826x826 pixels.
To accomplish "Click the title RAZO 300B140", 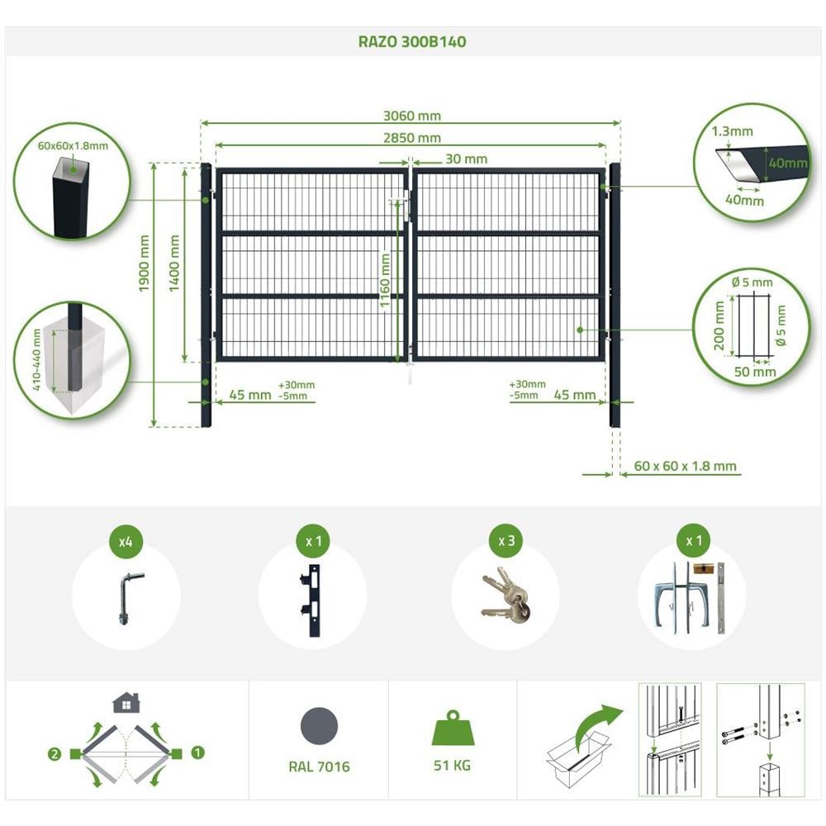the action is pyautogui.click(x=412, y=41).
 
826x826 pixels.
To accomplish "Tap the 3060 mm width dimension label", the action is pyautogui.click(x=412, y=116).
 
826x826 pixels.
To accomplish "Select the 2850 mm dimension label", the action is pyautogui.click(x=412, y=138).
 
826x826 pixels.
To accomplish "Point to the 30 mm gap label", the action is pyautogui.click(x=466, y=159).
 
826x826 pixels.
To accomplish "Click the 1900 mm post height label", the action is pyautogui.click(x=144, y=263).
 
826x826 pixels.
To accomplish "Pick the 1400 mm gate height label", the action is pyautogui.click(x=174, y=263).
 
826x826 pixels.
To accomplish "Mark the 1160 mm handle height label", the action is pyautogui.click(x=385, y=280).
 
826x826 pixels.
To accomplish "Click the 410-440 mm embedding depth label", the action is pyautogui.click(x=36, y=360).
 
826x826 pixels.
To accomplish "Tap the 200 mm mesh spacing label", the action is pyautogui.click(x=719, y=325).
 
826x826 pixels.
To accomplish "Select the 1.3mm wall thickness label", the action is pyautogui.click(x=732, y=131).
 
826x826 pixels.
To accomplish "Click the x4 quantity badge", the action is pyautogui.click(x=126, y=541).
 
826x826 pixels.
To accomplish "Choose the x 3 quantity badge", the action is pyautogui.click(x=506, y=541).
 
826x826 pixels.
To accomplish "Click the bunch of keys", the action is pyautogui.click(x=506, y=596).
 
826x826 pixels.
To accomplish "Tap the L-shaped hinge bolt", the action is pyautogui.click(x=127, y=598).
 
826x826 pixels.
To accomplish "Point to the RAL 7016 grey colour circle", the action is pyautogui.click(x=319, y=726).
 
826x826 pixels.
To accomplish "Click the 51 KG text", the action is pyautogui.click(x=452, y=766).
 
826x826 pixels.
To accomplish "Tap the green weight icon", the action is pyautogui.click(x=453, y=728).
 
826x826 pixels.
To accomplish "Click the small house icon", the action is pyautogui.click(x=126, y=703).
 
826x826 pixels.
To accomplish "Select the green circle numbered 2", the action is pyautogui.click(x=55, y=754).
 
